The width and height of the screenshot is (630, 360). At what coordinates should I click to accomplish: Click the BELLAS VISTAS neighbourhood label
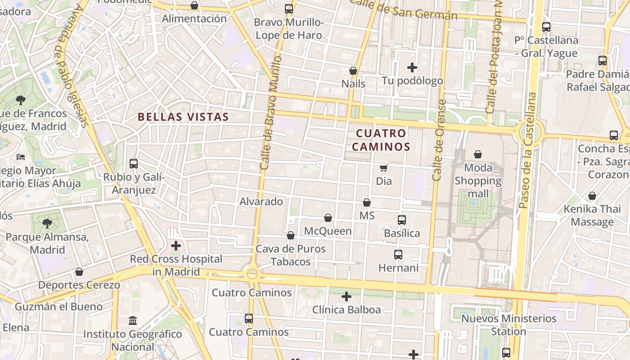183,117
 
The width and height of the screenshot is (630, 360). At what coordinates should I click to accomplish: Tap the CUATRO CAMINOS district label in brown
381,140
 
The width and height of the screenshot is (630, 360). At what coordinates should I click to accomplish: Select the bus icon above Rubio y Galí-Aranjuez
134,164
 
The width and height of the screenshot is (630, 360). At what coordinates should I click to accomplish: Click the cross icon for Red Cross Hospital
176,246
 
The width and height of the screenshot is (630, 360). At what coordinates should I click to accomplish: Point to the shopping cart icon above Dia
383,168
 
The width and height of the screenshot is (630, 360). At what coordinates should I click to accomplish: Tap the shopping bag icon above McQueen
328,218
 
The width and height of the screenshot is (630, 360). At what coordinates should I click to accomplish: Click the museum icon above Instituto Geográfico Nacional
133,321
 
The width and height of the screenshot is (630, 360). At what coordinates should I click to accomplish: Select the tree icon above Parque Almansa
47,223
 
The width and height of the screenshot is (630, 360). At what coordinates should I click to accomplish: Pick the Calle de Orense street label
439,140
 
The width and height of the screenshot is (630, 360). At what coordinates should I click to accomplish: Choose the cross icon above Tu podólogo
412,68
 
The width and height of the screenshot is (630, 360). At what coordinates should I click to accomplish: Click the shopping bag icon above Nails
353,71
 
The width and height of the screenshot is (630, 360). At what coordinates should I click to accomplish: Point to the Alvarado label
261,202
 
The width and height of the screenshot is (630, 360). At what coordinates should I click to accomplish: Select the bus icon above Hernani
398,255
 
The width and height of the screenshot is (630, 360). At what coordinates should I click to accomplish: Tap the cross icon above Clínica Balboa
346,297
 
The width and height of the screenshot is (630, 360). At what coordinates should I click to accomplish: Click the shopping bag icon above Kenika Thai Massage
592,196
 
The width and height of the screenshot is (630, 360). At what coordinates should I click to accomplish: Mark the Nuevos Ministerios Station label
509,325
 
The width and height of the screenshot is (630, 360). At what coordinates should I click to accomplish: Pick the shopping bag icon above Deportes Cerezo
79,272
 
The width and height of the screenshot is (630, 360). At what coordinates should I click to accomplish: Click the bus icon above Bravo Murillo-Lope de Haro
288,9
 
